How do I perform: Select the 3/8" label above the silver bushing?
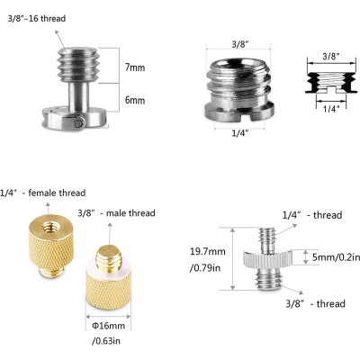click(238, 42)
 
